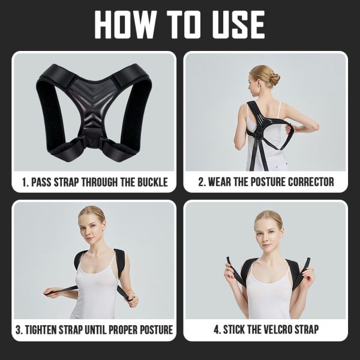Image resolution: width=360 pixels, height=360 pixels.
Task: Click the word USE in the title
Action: coord(239,25)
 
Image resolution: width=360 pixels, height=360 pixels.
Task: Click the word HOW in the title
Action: coord(126,25)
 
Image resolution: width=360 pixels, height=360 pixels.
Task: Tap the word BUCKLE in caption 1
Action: coord(152,182)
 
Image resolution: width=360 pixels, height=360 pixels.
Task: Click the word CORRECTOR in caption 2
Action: coord(311,182)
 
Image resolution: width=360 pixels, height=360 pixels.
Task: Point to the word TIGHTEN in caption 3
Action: coord(41,329)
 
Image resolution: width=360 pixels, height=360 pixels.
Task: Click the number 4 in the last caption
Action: coord(217,329)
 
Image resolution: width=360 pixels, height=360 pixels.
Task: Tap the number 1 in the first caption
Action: coord(25,182)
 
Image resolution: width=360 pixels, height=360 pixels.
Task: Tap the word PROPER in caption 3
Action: coord(123,329)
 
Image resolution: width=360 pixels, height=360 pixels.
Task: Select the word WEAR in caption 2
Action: coord(220,182)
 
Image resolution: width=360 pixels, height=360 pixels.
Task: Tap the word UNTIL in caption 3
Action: coord(95,329)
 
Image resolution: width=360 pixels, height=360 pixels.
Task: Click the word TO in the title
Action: coord(184,25)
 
